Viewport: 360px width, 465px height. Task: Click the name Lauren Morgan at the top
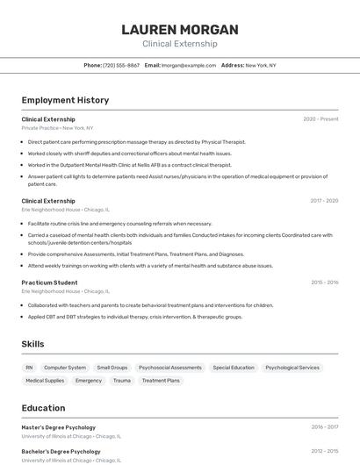coord(179,29)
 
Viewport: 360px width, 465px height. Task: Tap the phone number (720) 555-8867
coord(121,65)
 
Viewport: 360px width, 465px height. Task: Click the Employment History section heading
coord(65,100)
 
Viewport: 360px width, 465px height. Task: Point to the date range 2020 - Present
coord(320,118)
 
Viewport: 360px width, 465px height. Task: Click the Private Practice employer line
coord(57,128)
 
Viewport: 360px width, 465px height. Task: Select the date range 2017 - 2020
coord(324,200)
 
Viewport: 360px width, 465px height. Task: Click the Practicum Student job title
coord(49,283)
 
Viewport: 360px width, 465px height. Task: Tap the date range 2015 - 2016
coord(324,283)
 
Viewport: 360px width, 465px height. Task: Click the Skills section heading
coord(32,344)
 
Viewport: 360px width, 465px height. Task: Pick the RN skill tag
coord(29,368)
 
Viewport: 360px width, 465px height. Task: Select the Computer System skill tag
coord(65,368)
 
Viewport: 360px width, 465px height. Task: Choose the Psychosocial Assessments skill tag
coord(170,368)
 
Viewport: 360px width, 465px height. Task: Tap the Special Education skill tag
coord(234,368)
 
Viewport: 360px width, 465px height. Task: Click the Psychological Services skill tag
coord(292,368)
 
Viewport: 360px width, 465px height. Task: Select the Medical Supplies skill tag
coord(45,381)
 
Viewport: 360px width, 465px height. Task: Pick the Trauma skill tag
coord(122,381)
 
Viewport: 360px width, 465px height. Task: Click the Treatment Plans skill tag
coord(161,381)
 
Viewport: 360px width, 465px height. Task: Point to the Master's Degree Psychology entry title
coord(58,427)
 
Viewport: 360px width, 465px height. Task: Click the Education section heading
coord(43,408)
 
